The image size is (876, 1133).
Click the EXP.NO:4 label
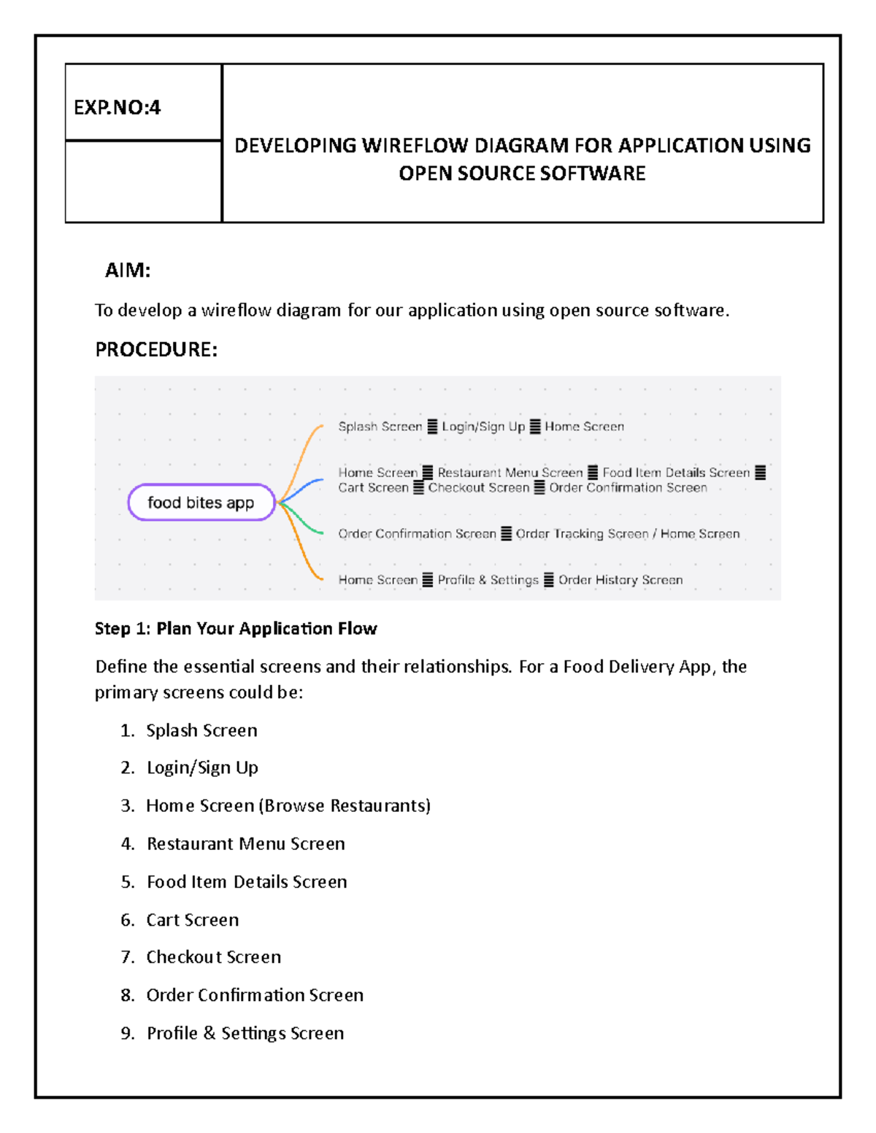117,108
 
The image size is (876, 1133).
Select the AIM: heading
128,271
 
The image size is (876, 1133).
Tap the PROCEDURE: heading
156,349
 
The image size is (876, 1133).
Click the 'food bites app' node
201,503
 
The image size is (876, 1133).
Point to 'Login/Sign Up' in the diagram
483,427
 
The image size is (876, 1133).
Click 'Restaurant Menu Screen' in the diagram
510,473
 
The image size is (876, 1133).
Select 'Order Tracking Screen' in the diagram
582,534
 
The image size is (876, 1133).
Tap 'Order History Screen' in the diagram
620,580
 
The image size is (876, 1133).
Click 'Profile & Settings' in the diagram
488,580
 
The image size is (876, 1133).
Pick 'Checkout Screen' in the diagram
478,488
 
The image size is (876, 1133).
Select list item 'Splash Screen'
201,730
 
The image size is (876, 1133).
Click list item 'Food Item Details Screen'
247,882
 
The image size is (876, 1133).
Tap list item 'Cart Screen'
193,920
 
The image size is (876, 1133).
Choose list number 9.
128,1034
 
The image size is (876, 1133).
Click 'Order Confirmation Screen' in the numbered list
255,995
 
